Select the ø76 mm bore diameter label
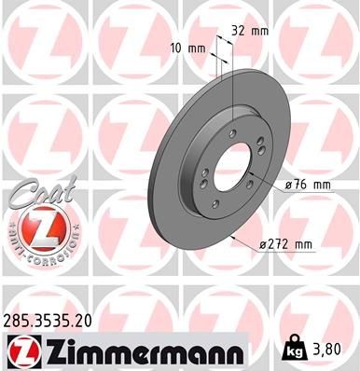tap(308, 185)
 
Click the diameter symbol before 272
tap(264, 245)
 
